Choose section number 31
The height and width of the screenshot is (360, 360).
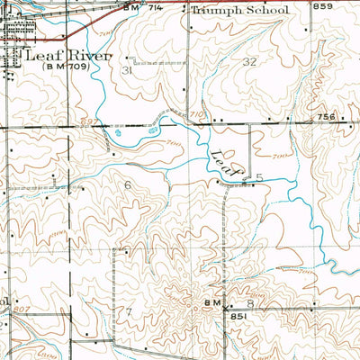127,69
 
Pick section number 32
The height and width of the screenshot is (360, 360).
249,61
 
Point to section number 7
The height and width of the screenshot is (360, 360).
129,310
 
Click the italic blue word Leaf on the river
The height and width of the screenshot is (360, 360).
227,161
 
